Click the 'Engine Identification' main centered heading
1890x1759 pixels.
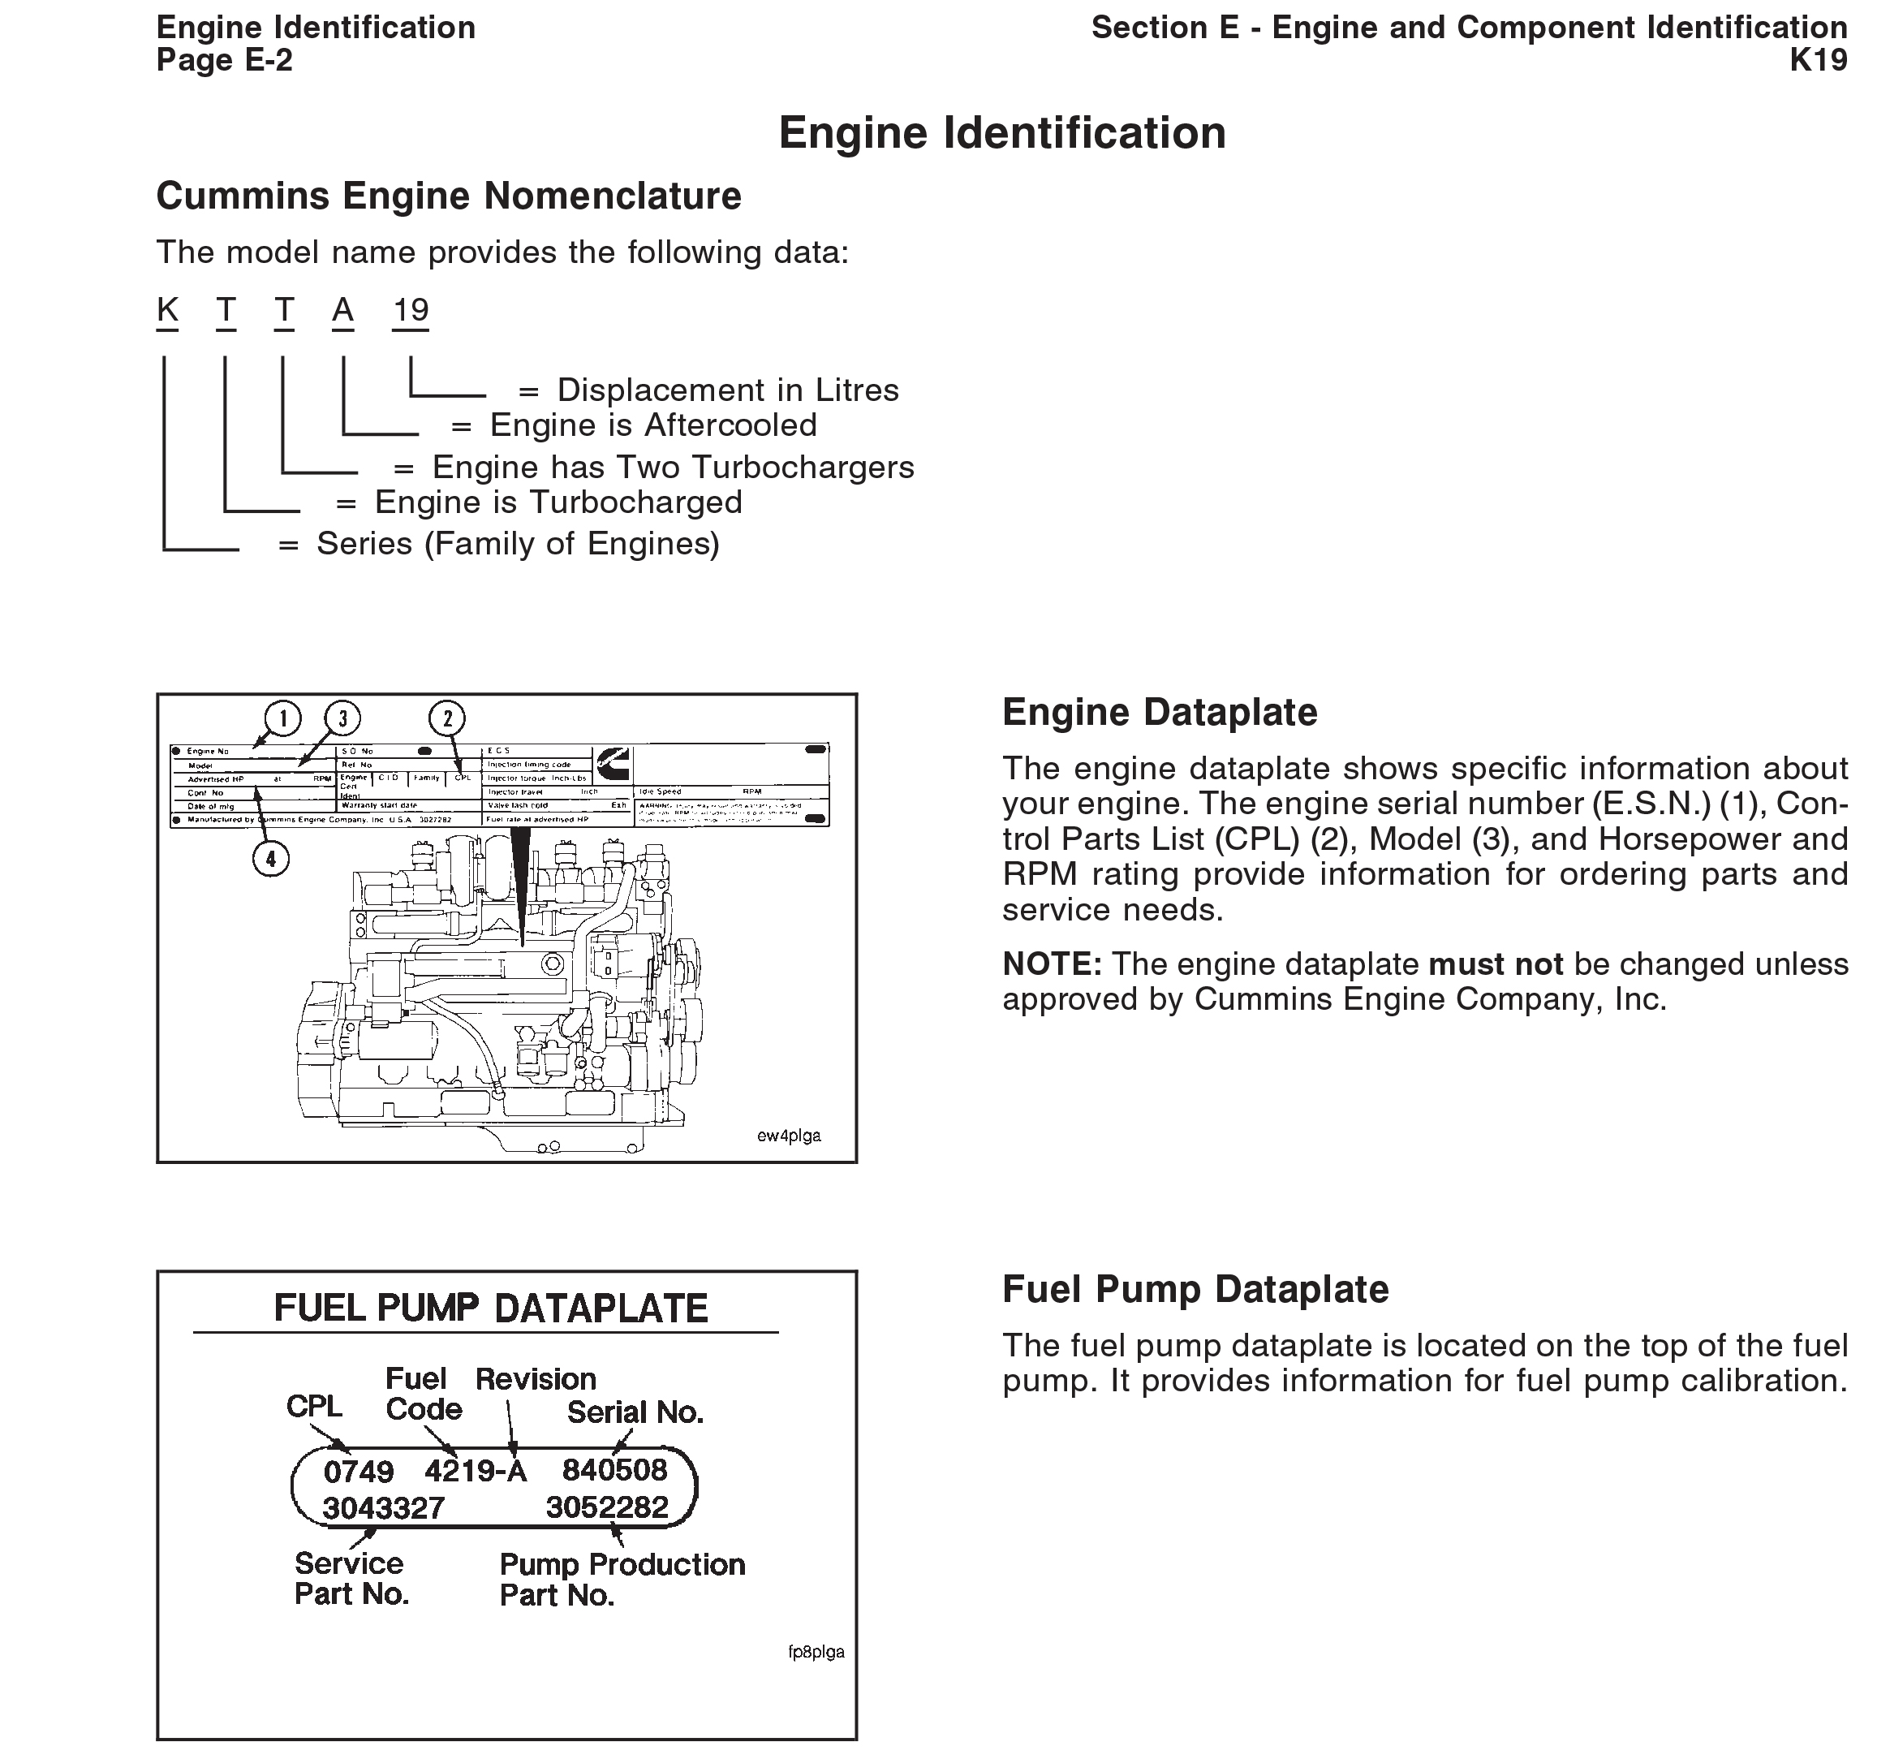pyautogui.click(x=1001, y=133)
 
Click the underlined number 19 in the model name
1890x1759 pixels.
pyautogui.click(x=411, y=310)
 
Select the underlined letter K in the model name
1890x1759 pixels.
pyautogui.click(x=167, y=310)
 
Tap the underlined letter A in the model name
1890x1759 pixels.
pyautogui.click(x=343, y=310)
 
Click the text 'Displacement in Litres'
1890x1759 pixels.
pyautogui.click(x=727, y=390)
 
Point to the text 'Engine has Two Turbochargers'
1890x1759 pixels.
pyautogui.click(x=672, y=467)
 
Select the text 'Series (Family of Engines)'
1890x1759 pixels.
pyautogui.click(x=518, y=544)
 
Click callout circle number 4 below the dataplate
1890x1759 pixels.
pyautogui.click(x=271, y=859)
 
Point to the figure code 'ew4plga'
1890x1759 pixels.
pyautogui.click(x=788, y=1136)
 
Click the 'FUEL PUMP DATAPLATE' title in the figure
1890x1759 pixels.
pyautogui.click(x=491, y=1308)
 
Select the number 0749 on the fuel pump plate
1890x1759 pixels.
pyautogui.click(x=359, y=1472)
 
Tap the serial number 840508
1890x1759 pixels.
pyautogui.click(x=614, y=1470)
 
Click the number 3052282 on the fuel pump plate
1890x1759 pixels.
pyautogui.click(x=608, y=1507)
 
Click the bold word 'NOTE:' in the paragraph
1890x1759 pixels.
pyautogui.click(x=1052, y=964)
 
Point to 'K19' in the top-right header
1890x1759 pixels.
pyautogui.click(x=1818, y=60)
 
